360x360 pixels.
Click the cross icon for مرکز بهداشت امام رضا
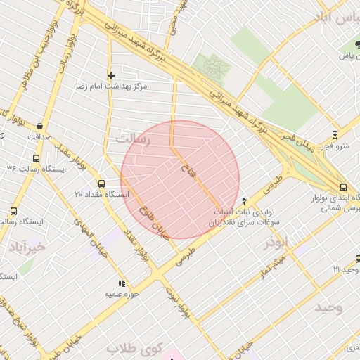pyautogui.click(x=110, y=75)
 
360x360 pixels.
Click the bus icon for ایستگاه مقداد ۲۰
pyautogui.click(x=101, y=184)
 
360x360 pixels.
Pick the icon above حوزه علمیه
pyautogui.click(x=121, y=283)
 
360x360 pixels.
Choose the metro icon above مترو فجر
pyautogui.click(x=335, y=135)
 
